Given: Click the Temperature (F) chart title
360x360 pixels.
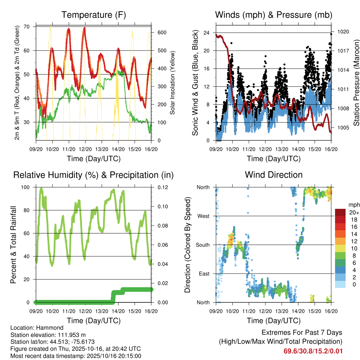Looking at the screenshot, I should [93, 15].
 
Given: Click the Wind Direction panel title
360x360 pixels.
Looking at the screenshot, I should [274, 175].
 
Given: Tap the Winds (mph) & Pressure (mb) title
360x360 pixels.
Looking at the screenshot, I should [274, 15].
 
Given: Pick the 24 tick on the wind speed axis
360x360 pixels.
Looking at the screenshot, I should [207, 33].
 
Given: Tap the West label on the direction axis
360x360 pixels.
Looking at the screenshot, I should [203, 216].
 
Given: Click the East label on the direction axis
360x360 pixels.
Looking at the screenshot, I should [204, 274].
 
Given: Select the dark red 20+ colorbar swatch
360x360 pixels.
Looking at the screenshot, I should [340, 212].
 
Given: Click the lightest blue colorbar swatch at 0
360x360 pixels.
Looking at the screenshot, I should [340, 284].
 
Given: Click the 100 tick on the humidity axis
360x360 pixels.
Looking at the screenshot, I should [27, 187].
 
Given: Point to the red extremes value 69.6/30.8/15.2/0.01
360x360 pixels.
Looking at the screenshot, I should [313, 351].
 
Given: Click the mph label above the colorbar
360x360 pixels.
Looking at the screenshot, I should [353, 205].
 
